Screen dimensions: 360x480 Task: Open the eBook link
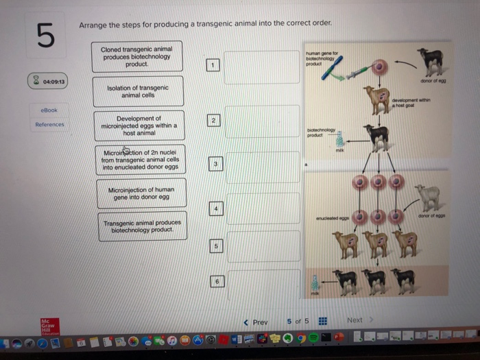[49, 110]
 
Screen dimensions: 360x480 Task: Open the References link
[49, 124]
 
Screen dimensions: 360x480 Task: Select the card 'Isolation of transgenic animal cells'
[139, 92]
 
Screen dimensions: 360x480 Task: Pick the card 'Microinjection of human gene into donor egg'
[140, 193]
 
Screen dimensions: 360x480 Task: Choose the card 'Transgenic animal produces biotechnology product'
[142, 226]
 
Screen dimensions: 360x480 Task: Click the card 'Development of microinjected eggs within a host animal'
[139, 125]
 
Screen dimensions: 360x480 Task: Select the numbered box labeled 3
[216, 164]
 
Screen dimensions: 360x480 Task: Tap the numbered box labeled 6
[217, 280]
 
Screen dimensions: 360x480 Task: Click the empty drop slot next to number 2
[262, 122]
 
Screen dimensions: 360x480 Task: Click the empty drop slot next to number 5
[263, 245]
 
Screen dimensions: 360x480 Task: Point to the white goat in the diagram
[428, 197]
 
